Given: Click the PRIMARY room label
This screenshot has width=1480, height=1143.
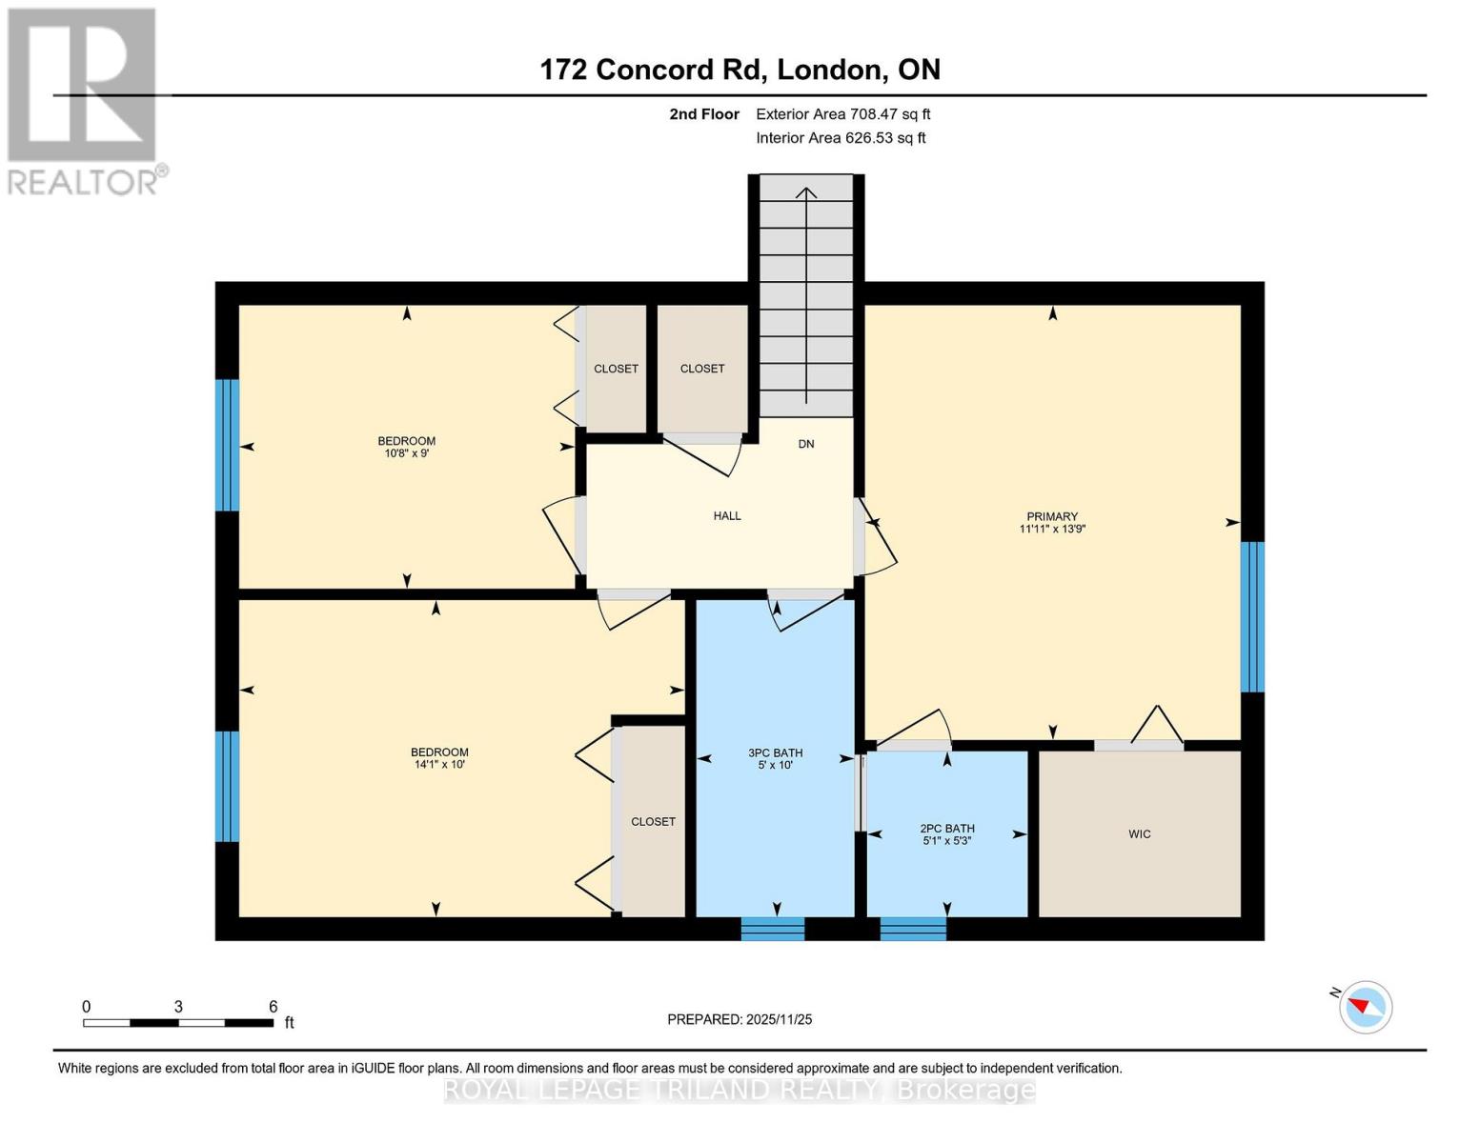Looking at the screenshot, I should [1052, 516].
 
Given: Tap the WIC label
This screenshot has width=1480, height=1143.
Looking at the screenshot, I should [1139, 833].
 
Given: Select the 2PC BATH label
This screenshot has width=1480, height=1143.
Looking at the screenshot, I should [946, 829].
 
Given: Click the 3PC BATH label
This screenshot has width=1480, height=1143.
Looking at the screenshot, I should [775, 752].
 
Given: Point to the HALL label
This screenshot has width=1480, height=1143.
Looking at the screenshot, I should [727, 515].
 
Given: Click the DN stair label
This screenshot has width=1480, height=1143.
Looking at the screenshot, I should [806, 444].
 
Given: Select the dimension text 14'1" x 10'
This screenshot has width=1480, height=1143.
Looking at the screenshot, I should [438, 764].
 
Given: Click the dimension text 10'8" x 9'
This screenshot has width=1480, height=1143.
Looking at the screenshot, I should [407, 453].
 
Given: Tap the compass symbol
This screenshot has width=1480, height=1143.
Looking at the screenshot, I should [1366, 1007].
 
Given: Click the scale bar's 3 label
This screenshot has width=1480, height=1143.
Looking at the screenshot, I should [178, 1007].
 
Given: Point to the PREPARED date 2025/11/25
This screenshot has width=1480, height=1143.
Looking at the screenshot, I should [740, 1019].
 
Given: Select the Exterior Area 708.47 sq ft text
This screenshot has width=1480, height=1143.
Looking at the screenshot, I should [842, 114].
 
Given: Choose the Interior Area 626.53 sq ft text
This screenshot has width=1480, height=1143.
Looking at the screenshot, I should [841, 138].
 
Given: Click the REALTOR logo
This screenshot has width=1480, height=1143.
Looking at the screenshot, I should [84, 100].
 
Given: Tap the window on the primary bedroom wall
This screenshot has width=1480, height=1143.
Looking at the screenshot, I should [1252, 616].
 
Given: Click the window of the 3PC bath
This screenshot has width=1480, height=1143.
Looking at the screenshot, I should [773, 928].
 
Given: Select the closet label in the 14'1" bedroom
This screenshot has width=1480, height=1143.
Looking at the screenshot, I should [653, 821].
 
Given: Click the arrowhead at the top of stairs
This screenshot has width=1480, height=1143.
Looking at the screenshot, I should [806, 193].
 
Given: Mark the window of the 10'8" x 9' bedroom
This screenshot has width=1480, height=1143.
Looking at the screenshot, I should [227, 445].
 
